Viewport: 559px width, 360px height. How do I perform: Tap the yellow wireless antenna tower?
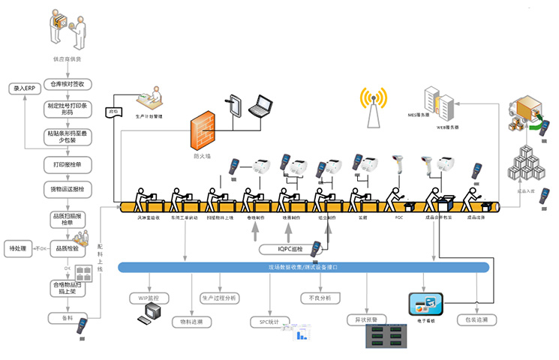(373, 106)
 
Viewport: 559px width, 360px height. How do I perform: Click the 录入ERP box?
(23, 88)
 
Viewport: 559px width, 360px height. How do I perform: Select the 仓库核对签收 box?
(68, 84)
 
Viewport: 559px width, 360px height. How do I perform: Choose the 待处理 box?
(18, 247)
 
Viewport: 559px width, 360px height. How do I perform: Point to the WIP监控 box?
(150, 298)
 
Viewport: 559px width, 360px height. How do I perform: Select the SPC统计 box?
(264, 322)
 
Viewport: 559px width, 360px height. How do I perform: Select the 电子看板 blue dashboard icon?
(425, 304)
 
